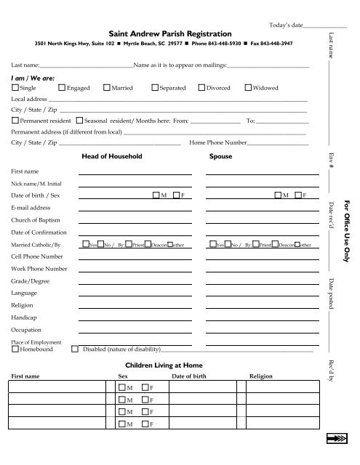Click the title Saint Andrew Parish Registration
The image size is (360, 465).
[170, 33]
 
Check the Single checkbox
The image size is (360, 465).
[16, 88]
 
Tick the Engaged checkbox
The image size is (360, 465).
[61, 88]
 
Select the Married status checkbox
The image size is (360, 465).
[107, 88]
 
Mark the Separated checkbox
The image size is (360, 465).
[155, 88]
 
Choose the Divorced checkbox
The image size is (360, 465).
[202, 88]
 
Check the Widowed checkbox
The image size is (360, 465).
[248, 88]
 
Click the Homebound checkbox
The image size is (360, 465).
[16, 349]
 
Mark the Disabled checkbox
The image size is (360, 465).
[76, 349]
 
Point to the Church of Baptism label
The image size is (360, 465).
[36, 219]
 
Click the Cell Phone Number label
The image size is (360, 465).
[36, 256]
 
